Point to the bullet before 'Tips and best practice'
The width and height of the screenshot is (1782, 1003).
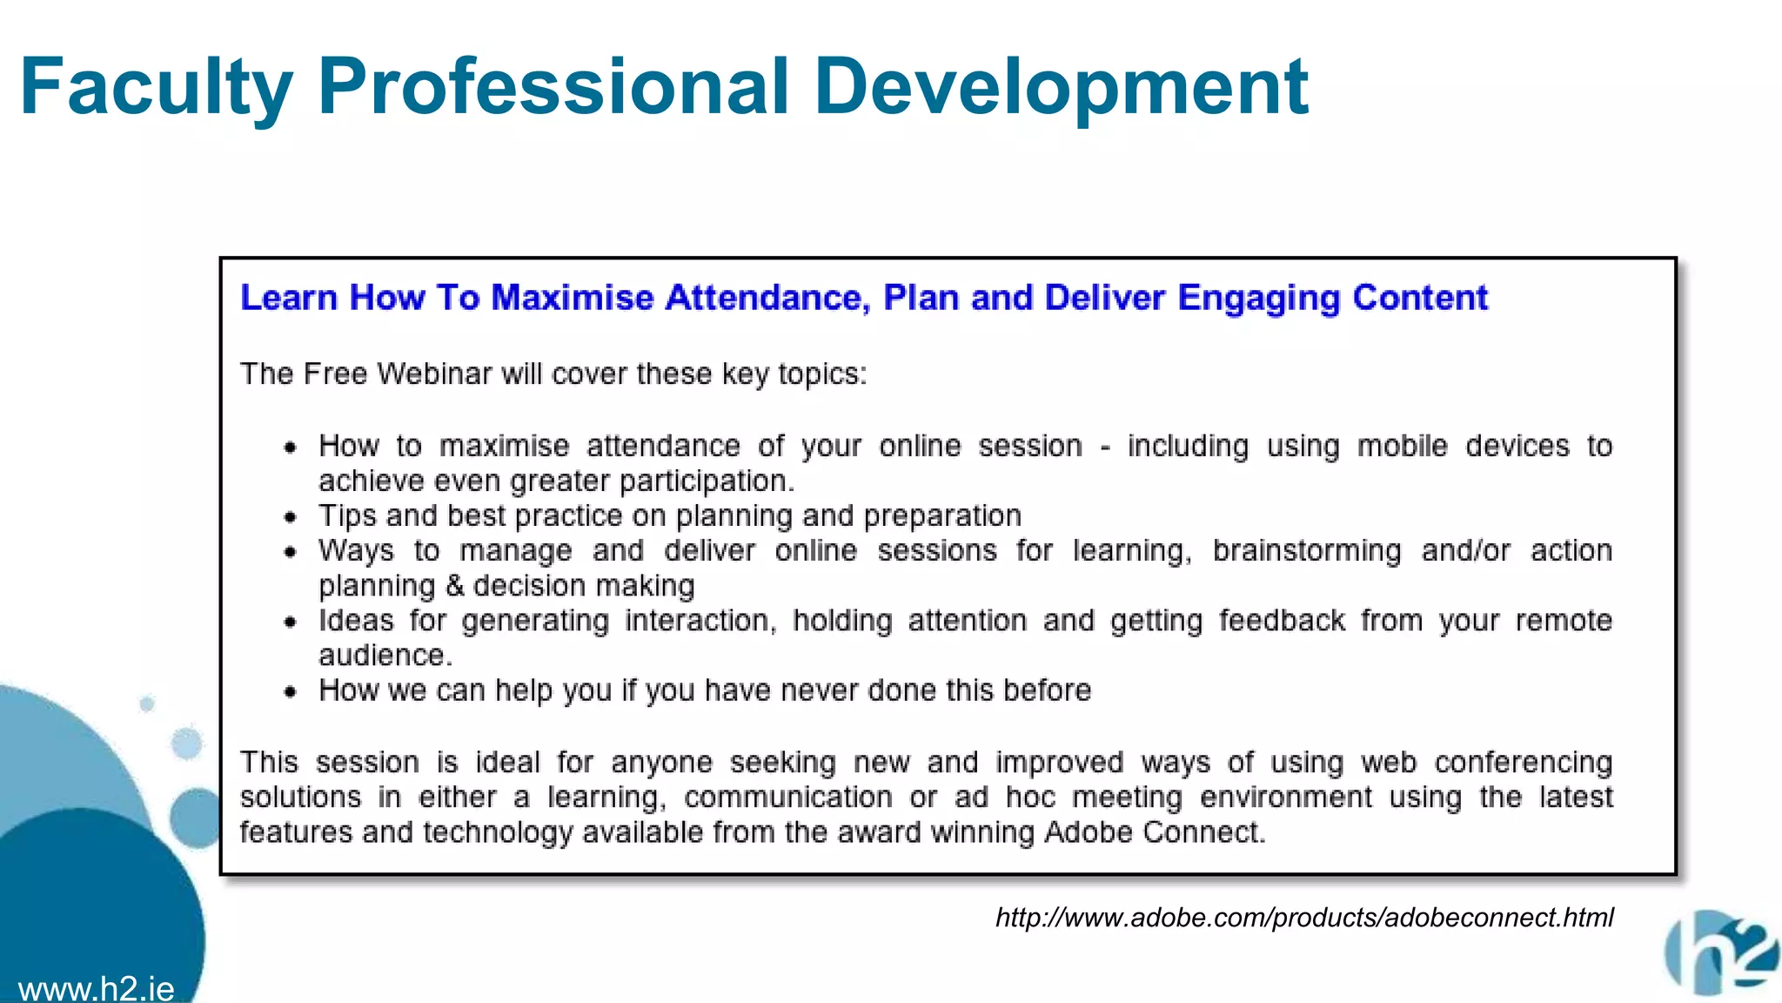[291, 517]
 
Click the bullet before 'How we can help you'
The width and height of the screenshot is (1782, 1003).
[291, 692]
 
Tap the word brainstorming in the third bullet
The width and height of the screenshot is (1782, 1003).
[1307, 551]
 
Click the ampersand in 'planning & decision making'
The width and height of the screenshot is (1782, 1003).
[454, 585]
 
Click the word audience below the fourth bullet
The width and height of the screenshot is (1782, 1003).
[383, 655]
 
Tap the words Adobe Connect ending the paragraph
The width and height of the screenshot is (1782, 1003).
[1154, 831]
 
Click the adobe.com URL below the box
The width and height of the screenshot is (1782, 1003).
[1304, 917]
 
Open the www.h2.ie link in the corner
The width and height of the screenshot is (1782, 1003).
[96, 989]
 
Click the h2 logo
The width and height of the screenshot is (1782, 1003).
[1721, 953]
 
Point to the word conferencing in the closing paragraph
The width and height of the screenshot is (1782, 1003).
[1523, 762]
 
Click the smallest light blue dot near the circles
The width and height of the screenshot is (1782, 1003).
[147, 703]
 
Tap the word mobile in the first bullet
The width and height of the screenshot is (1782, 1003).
[1402, 446]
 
